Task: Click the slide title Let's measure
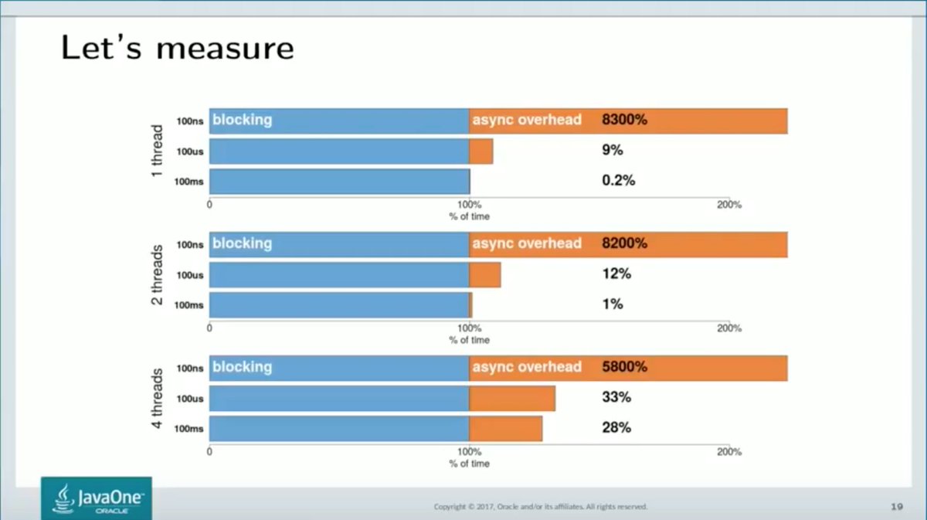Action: click(x=177, y=48)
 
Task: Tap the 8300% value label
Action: click(x=624, y=120)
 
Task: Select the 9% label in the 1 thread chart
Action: click(x=612, y=151)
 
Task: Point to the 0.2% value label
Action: click(x=618, y=180)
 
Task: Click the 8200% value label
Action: click(x=624, y=243)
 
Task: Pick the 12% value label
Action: click(x=616, y=274)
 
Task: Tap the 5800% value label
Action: click(x=624, y=367)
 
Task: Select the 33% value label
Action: click(x=616, y=397)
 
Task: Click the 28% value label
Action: click(x=616, y=427)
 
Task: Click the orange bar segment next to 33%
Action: click(x=512, y=398)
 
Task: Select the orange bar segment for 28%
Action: click(x=506, y=428)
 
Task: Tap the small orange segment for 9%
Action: click(x=481, y=151)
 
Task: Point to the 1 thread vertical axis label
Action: click(x=158, y=151)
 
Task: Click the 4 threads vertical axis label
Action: click(x=158, y=398)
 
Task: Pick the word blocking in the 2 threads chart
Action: click(x=242, y=243)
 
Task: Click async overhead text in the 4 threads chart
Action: click(x=526, y=367)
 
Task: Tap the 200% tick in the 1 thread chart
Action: click(x=729, y=205)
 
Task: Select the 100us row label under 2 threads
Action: click(x=189, y=275)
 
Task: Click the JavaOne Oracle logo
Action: click(x=97, y=498)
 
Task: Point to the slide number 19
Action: click(x=897, y=507)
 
